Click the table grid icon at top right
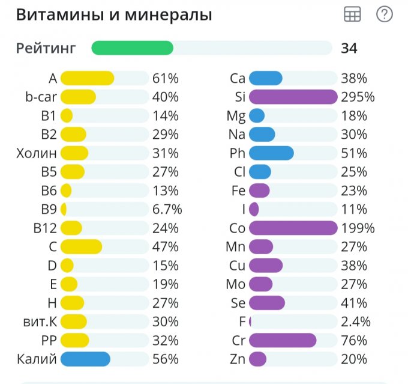[x=352, y=15]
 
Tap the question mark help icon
[x=384, y=15]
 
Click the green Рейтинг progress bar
[x=133, y=48]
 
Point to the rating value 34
[x=349, y=48]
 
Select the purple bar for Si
[x=293, y=97]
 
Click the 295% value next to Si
[x=358, y=97]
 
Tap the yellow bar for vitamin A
[x=87, y=78]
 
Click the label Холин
[x=37, y=153]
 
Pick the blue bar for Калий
[x=85, y=359]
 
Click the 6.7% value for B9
[x=167, y=209]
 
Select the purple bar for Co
[x=293, y=228]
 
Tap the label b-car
[x=41, y=97]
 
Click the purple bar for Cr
[x=282, y=341]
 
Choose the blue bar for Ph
[x=271, y=153]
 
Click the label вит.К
[x=37, y=322]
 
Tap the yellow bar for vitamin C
[x=81, y=246]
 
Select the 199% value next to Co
[x=358, y=228]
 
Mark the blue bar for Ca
[x=265, y=78]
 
